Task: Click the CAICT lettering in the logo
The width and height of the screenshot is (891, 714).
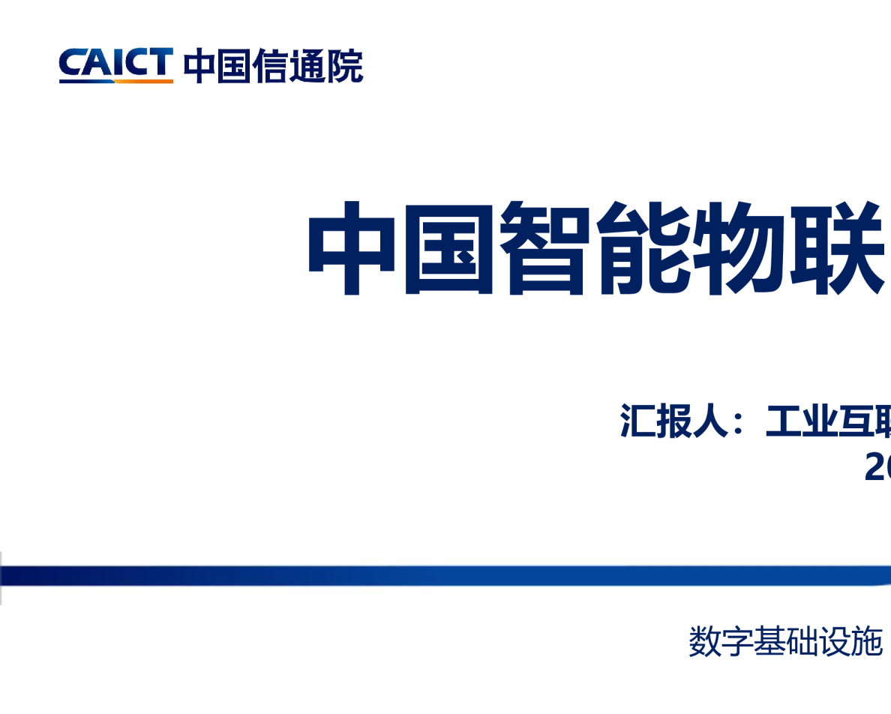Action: pyautogui.click(x=115, y=62)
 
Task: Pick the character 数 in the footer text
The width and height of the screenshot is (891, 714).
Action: pyautogui.click(x=705, y=642)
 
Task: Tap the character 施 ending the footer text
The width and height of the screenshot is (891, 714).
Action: pyautogui.click(x=868, y=642)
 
